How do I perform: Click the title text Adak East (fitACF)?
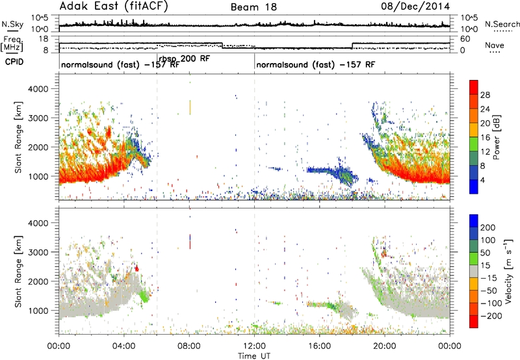[x=114, y=6]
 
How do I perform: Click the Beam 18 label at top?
[x=253, y=7]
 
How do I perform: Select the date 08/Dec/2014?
[x=415, y=6]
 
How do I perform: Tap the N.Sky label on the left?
[x=12, y=24]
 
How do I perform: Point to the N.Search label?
[x=502, y=24]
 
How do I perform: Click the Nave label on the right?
[x=495, y=45]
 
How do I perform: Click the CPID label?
[x=14, y=62]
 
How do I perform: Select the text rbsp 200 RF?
[x=185, y=59]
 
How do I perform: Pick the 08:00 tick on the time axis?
[x=189, y=346]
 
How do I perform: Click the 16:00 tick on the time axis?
[x=319, y=346]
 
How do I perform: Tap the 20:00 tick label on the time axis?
[x=385, y=346]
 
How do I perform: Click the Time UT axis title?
[x=254, y=355]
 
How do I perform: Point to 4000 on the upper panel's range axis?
[x=38, y=89]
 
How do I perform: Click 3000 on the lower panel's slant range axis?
[x=38, y=252]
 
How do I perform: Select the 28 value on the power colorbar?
[x=485, y=95]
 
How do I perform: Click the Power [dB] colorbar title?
[x=496, y=137]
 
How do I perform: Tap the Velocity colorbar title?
[x=508, y=271]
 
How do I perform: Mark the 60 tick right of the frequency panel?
[x=465, y=39]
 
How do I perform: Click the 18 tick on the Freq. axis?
[x=44, y=39]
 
